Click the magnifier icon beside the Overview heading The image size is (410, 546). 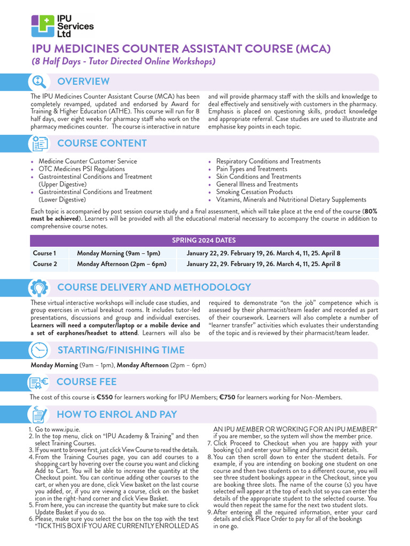pos(39,82)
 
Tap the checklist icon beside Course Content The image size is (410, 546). pos(39,143)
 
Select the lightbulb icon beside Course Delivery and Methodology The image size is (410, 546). pos(39,287)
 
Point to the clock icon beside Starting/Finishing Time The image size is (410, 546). pos(39,350)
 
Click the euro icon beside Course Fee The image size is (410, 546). pos(39,382)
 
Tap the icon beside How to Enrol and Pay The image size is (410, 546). pos(39,414)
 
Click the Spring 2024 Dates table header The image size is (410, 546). pos(204,240)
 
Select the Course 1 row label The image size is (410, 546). pos(44,253)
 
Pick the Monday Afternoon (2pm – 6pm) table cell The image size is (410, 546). pos(122,264)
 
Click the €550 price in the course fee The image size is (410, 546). pos(105,397)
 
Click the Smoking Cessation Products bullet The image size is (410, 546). pos(254,192)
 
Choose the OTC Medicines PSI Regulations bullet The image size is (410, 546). pos(82,169)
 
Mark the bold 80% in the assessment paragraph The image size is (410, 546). pos(370,211)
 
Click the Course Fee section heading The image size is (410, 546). pos(86,382)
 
